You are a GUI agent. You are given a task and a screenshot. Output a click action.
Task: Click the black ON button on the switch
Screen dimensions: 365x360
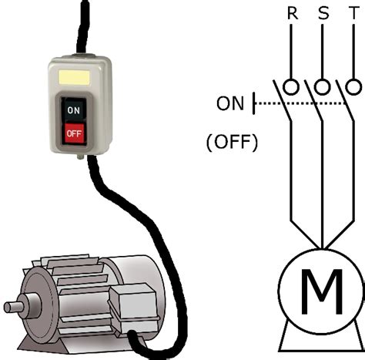[74, 109]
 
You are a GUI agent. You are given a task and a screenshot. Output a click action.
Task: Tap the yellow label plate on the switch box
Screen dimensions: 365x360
[74, 77]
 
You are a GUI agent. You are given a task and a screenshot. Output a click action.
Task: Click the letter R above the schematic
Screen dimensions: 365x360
[293, 13]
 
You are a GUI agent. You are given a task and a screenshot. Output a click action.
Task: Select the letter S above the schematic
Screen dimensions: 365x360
[323, 13]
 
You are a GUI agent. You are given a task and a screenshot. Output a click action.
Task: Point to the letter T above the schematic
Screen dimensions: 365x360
[354, 13]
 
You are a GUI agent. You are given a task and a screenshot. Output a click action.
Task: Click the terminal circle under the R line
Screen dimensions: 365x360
[291, 86]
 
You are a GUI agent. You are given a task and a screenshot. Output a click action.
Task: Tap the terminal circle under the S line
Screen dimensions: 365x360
[323, 86]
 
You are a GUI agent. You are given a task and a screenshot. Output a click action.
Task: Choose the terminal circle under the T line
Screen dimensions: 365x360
[353, 86]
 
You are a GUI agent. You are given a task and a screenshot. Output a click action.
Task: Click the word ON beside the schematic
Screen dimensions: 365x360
[230, 103]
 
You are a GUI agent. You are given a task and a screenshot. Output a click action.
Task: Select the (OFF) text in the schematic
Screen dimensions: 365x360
[232, 142]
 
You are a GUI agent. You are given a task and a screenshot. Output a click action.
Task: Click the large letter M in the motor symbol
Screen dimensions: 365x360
[322, 291]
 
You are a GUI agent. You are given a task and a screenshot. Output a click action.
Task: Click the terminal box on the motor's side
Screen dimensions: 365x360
[133, 307]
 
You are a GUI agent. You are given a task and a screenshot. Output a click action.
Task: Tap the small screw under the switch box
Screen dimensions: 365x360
[81, 156]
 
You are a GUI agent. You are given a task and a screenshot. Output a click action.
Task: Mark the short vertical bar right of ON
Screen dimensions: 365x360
[254, 103]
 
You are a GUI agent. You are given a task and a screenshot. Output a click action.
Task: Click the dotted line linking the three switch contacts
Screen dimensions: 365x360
[301, 103]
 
